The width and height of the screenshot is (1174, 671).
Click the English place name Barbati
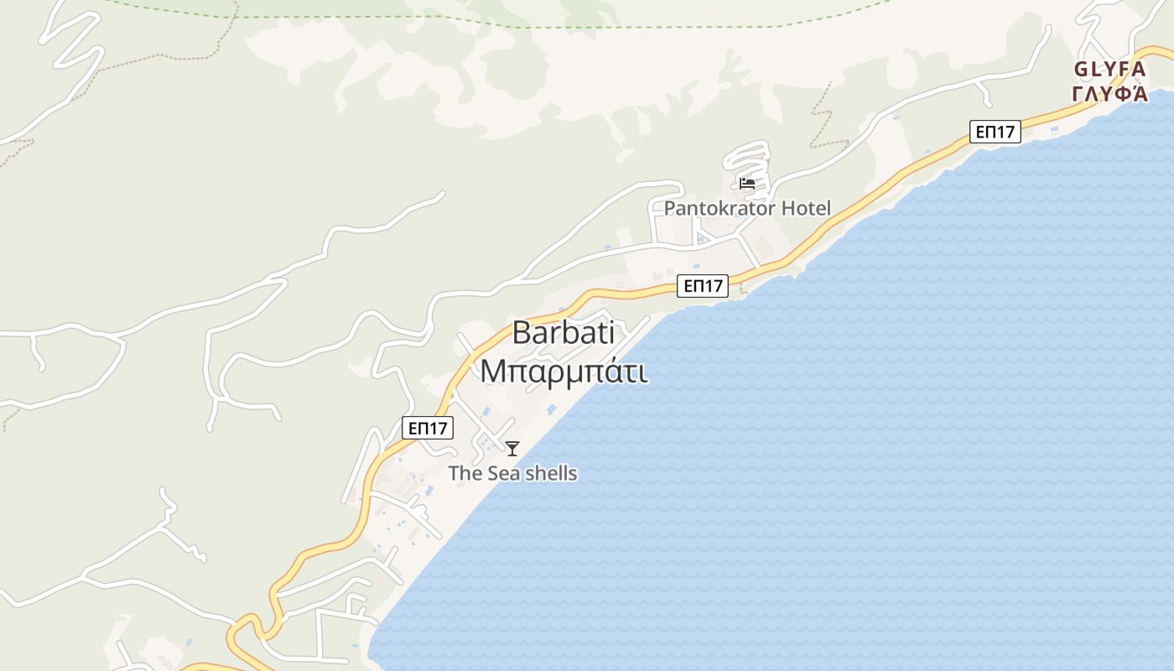564,333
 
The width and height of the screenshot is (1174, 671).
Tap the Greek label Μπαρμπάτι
564,371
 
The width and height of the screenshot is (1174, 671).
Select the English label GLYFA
1109,70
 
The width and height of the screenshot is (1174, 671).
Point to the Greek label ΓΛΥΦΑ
1109,93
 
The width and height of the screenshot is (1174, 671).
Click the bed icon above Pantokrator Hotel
747,184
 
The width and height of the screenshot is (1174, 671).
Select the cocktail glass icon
512,449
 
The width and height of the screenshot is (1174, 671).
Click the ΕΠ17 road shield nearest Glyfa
995,132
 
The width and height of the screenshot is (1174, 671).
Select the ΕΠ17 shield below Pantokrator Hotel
703,286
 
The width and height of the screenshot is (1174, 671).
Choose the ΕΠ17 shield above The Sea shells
428,428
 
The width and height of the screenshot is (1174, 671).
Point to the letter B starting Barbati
522,333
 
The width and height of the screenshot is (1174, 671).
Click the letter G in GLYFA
1082,70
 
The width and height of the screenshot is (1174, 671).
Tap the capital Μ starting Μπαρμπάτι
492,371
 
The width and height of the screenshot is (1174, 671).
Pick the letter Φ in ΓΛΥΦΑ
1121,93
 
